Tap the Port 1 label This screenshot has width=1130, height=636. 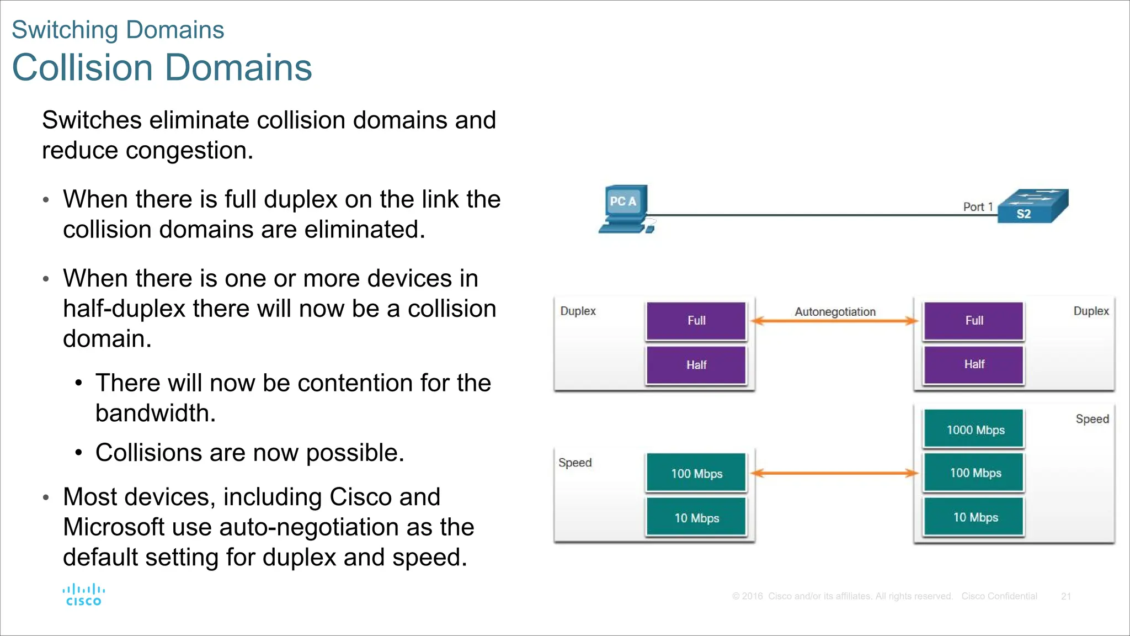[x=978, y=206]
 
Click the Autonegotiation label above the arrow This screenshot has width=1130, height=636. [x=835, y=311]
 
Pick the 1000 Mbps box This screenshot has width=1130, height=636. [x=974, y=429]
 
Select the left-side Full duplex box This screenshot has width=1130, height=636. [x=696, y=321]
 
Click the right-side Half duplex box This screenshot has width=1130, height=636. [x=974, y=364]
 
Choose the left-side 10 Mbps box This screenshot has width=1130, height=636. [x=696, y=517]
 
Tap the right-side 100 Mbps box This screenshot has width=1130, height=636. [x=974, y=473]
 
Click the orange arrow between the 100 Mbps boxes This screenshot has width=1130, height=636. [x=834, y=473]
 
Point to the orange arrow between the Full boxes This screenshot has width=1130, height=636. [x=834, y=321]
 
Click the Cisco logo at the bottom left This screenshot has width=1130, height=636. [x=84, y=595]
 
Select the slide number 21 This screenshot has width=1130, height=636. [x=1065, y=596]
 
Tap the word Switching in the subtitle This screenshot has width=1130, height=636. [x=57, y=30]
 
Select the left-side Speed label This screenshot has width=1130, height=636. [x=574, y=463]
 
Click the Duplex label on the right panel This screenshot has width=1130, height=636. [x=1090, y=311]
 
